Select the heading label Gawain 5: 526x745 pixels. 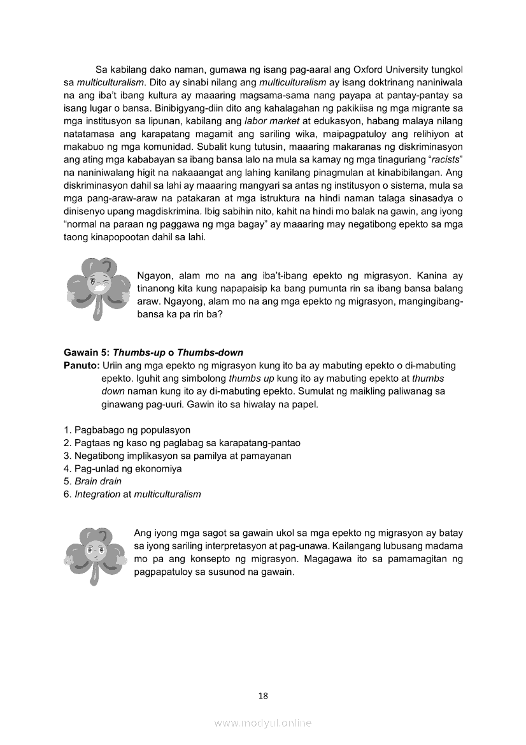[x=87, y=352]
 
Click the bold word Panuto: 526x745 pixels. [x=82, y=365]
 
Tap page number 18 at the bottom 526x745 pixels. [x=263, y=696]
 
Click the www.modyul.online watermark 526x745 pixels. [x=263, y=723]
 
